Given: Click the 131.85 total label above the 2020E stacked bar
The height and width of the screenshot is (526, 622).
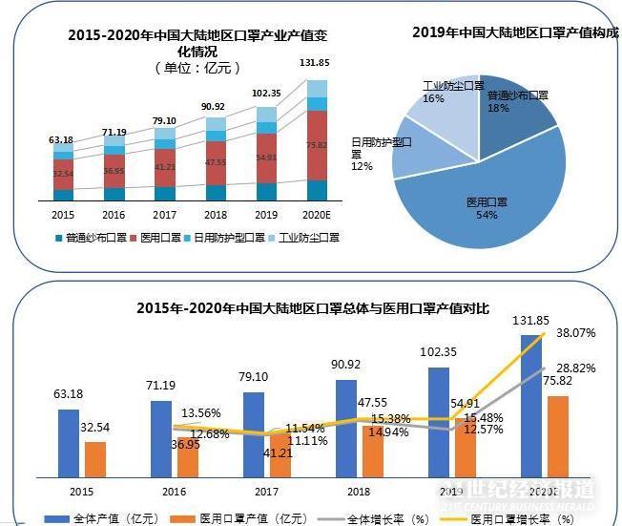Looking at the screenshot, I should point(315,63).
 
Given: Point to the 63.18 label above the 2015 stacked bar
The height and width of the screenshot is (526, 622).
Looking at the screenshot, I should point(61,140).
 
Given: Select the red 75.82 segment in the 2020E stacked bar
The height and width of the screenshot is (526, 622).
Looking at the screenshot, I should point(317,145).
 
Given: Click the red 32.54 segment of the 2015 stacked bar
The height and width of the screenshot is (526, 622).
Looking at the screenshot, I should point(63,174).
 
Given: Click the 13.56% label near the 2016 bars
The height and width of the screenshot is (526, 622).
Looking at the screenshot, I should point(200,413).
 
